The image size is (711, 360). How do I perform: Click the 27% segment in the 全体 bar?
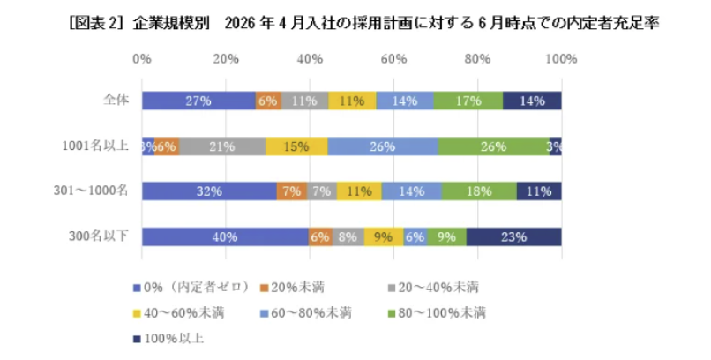point(198,101)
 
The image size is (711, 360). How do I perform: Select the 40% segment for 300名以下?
point(225,236)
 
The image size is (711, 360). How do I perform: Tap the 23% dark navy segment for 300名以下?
point(513,236)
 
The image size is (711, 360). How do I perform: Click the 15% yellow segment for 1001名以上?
point(296,146)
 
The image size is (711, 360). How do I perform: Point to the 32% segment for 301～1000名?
point(209,191)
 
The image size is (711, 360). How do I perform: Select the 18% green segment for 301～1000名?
point(479,191)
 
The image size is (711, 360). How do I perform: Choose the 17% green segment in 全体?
point(468,101)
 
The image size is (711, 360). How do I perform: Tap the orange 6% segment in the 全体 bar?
point(268,101)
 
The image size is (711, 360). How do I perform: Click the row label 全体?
point(116,100)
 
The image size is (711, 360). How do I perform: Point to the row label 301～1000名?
point(94,191)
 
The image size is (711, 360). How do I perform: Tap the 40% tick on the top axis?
point(310,59)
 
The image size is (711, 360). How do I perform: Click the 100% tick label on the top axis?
point(560,59)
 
